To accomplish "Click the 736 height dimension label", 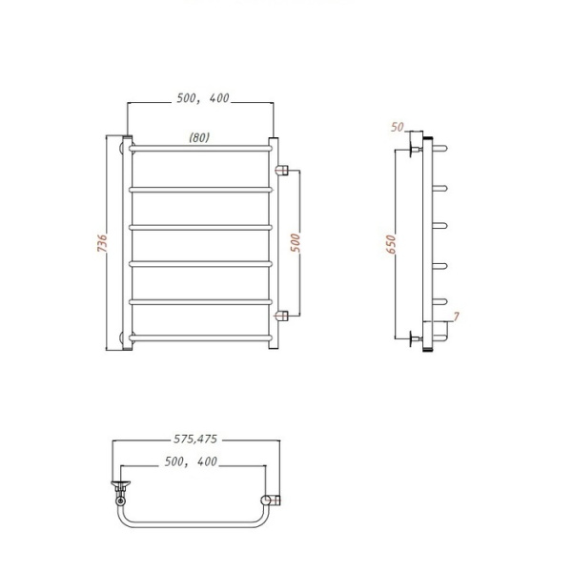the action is [x=102, y=243].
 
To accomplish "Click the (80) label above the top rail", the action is [x=199, y=137].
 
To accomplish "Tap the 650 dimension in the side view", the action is [x=391, y=244].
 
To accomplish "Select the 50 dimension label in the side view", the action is [x=398, y=127].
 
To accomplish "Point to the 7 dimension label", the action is [x=457, y=316].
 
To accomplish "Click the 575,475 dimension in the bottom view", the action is [x=195, y=439].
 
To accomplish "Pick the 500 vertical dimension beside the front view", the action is [x=296, y=242].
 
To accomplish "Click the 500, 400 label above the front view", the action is [x=203, y=98].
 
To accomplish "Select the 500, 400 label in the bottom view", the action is [x=191, y=461].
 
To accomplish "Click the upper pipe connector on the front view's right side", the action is [x=282, y=170].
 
